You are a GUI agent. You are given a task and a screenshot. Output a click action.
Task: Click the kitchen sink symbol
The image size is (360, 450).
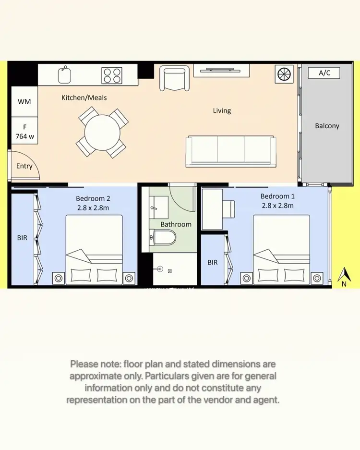click(64, 75)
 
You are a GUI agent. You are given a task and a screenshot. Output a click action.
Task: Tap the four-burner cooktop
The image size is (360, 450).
click(113, 75)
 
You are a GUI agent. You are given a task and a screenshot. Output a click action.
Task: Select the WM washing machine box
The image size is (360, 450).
click(24, 102)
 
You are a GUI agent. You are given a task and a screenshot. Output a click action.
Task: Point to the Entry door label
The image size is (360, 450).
click(24, 166)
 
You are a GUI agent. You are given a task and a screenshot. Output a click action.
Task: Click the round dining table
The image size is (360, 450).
click(102, 133)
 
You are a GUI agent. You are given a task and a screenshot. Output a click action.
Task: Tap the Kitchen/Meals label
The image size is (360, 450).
click(84, 97)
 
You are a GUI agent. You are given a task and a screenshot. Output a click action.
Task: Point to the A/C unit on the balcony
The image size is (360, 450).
click(329, 73)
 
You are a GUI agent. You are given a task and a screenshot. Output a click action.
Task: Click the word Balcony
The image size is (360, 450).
click(327, 126)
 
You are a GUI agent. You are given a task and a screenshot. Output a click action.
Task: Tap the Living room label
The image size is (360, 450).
click(222, 110)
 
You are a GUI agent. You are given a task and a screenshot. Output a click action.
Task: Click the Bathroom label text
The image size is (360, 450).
click(176, 224)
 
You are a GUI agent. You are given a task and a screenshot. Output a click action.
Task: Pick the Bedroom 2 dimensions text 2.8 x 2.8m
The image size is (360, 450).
click(93, 207)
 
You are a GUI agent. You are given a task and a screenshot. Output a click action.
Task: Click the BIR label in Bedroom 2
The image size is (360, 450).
click(22, 238)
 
